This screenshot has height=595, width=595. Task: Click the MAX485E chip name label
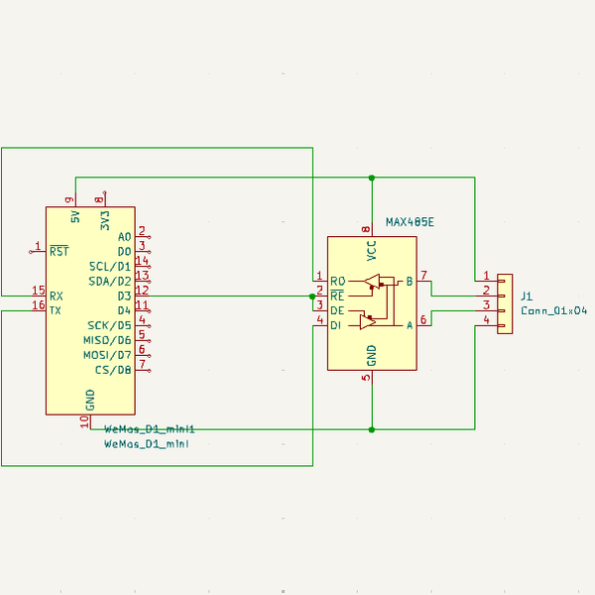[410, 223]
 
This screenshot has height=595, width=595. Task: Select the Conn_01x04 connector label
[553, 310]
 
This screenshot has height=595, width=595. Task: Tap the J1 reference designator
[527, 296]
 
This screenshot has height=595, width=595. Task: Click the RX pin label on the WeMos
[57, 296]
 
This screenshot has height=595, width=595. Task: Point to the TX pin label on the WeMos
[57, 310]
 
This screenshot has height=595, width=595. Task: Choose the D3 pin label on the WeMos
[124, 296]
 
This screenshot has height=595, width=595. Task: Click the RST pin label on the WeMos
[59, 251]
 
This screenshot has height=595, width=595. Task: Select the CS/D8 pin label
[113, 370]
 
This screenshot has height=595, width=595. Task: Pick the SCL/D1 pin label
[109, 266]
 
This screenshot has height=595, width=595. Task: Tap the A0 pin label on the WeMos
[124, 236]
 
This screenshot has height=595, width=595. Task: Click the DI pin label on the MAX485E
[336, 325]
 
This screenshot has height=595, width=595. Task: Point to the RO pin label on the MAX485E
[337, 281]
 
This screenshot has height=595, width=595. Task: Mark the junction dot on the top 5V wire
[372, 178]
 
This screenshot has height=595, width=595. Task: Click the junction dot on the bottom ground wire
[372, 429]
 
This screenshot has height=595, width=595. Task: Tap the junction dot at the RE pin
[312, 296]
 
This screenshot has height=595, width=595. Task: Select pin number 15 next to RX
[38, 291]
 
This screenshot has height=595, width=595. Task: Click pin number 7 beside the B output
[423, 275]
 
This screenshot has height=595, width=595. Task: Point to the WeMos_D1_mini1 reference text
[150, 429]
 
